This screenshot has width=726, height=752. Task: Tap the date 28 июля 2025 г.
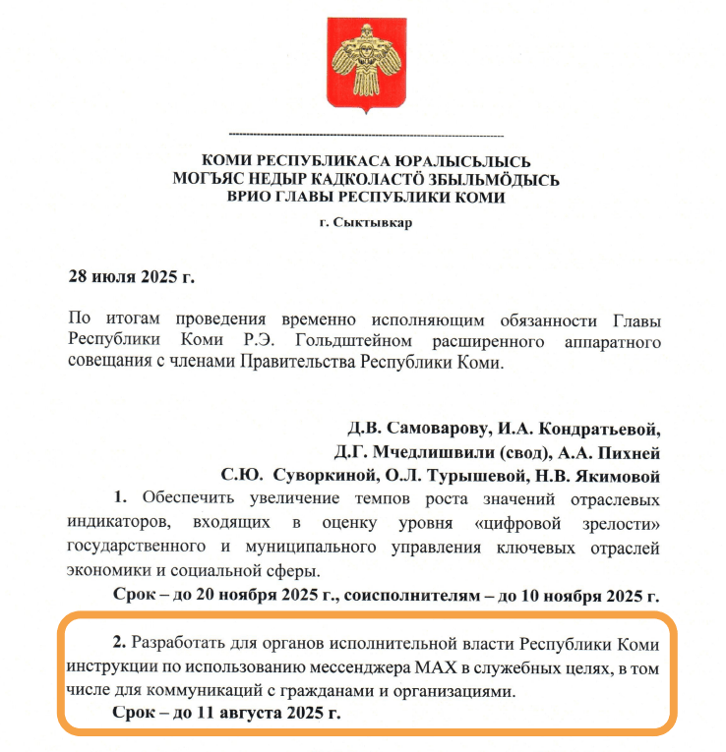(x=131, y=275)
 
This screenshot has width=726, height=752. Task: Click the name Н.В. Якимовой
(x=601, y=477)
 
